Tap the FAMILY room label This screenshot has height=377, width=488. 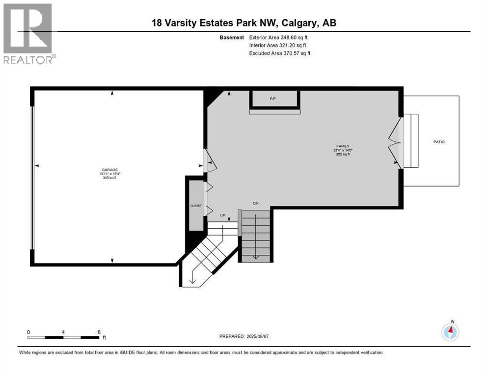pos(342,146)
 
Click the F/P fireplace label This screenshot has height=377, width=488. pos(273,99)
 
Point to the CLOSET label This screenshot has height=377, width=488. pos(196,206)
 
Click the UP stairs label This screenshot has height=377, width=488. pos(222,215)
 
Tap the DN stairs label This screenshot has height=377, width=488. pos(255,203)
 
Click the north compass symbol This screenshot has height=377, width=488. pos(450,332)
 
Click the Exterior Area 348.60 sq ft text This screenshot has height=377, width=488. pos(279,37)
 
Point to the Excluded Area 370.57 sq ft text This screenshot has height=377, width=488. pos(280,53)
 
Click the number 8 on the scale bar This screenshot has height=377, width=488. pos(99,332)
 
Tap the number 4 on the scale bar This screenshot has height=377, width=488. pos(63,332)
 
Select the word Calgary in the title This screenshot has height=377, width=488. pos(294,23)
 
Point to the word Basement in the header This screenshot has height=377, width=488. pos(232,37)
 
